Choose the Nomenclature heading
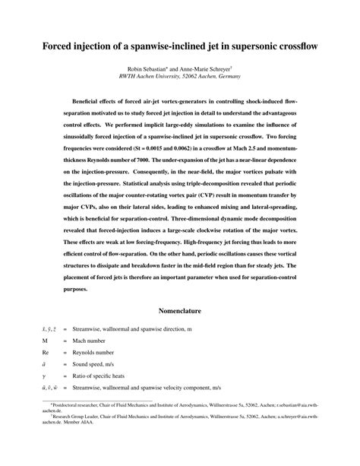179,311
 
